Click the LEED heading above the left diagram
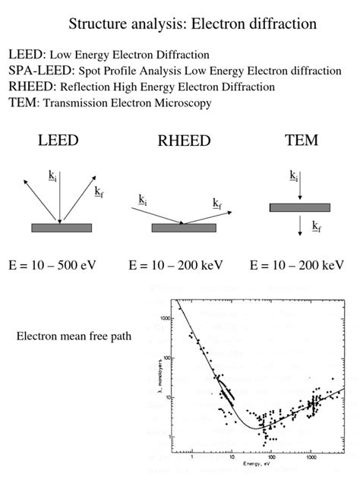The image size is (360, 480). click(x=58, y=141)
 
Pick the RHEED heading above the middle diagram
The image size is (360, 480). click(x=184, y=142)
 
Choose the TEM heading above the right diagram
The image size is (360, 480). click(x=301, y=141)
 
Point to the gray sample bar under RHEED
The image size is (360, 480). click(x=184, y=227)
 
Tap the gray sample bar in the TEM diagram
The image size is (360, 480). click(x=300, y=207)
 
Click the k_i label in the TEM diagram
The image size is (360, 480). click(x=293, y=176)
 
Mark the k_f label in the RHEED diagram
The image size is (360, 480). click(x=217, y=203)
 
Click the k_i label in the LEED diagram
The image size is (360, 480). click(x=52, y=176)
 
